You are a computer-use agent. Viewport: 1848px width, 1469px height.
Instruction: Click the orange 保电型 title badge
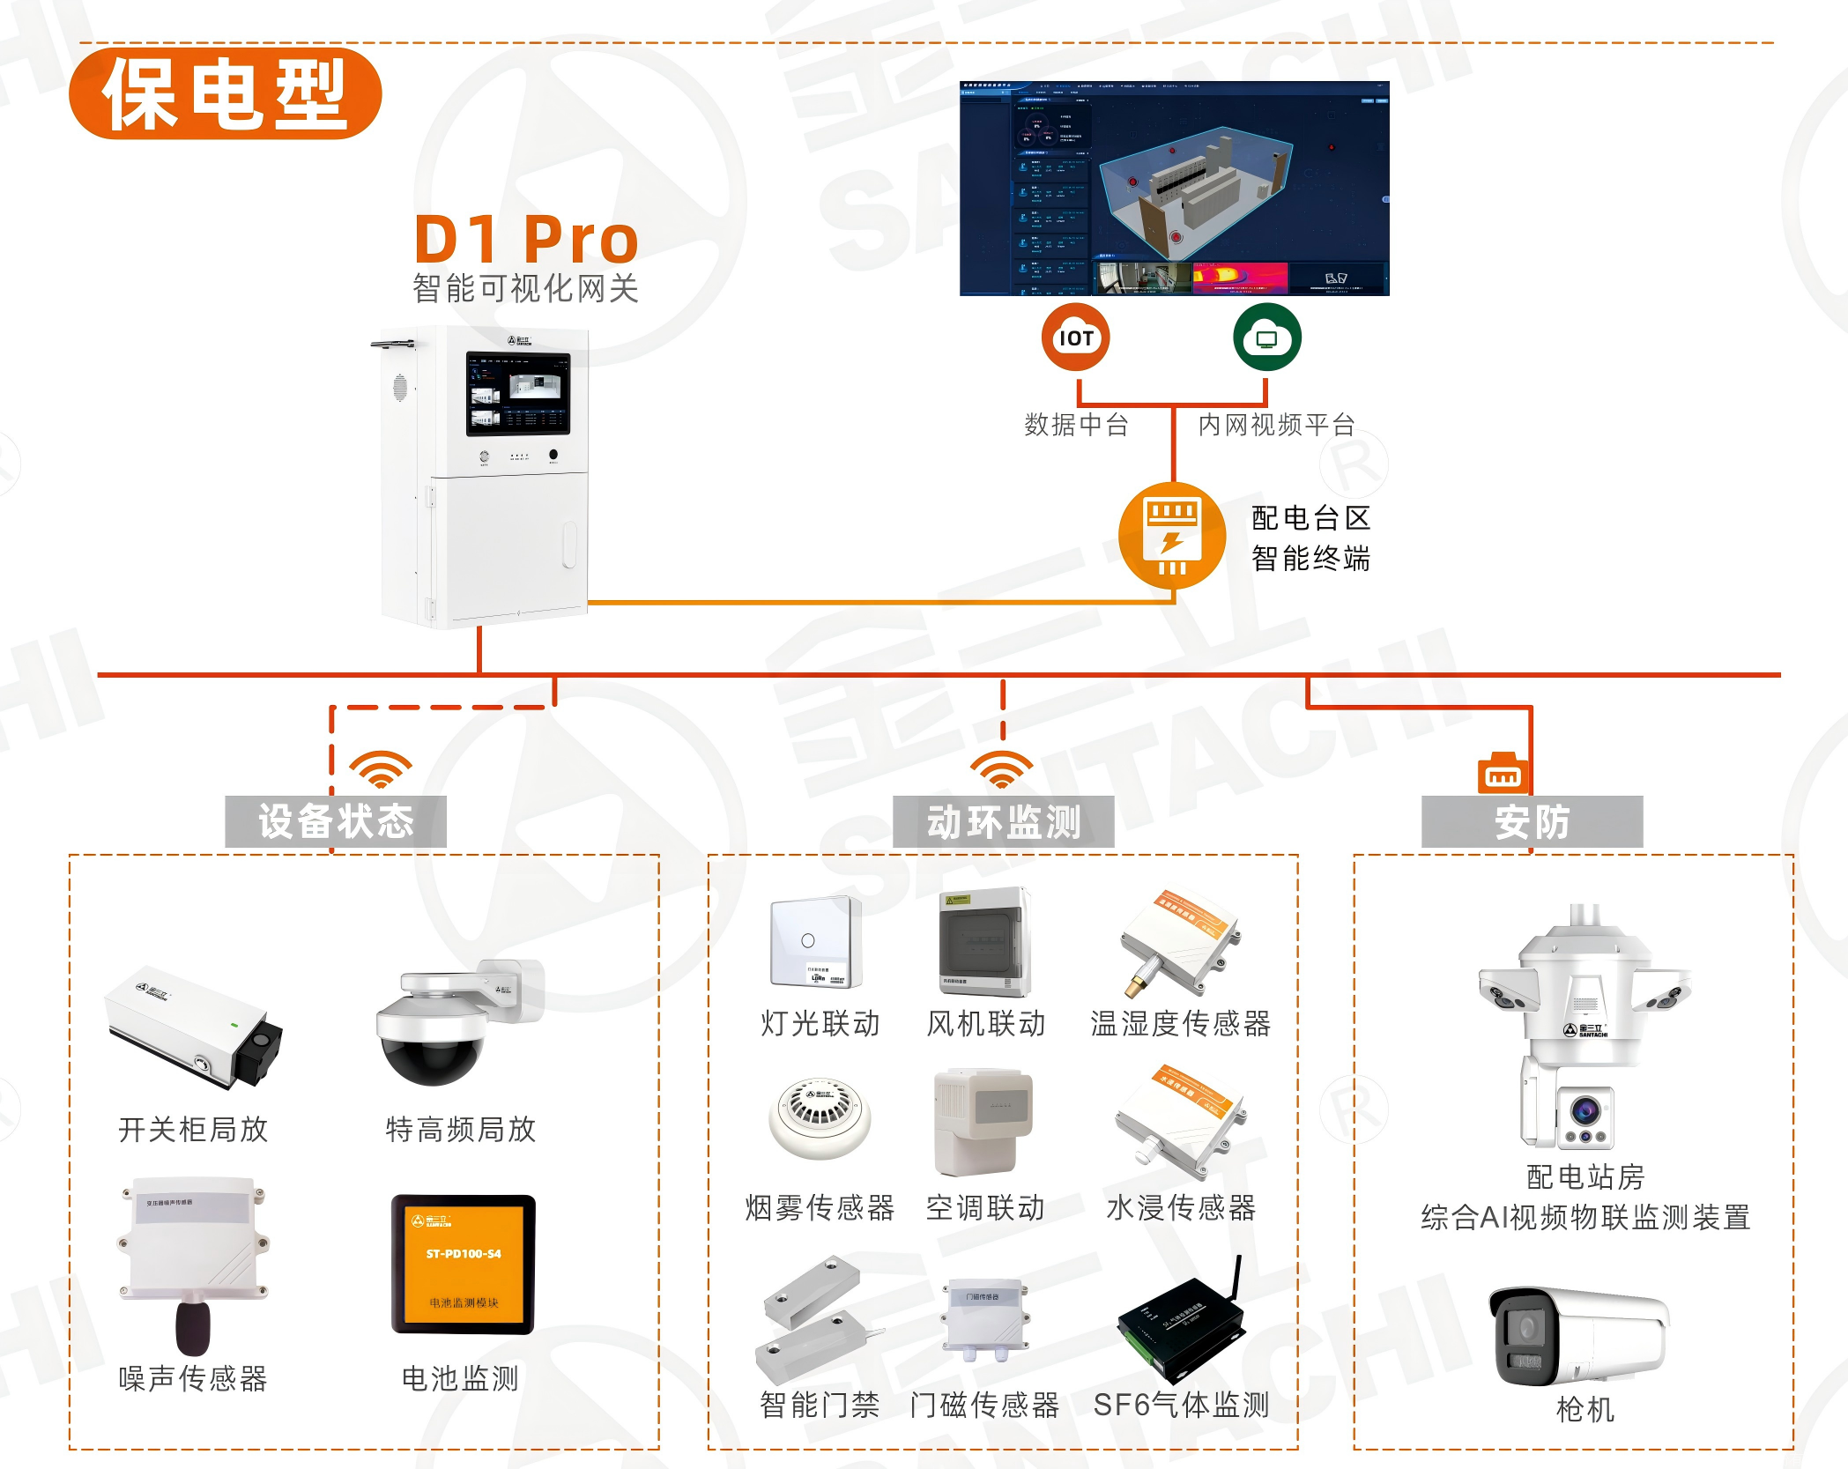click(225, 93)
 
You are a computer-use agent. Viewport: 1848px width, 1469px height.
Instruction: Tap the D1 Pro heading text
click(526, 239)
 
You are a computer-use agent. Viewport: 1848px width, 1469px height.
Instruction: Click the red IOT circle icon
click(1075, 338)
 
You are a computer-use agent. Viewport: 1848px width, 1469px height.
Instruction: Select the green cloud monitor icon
click(1266, 338)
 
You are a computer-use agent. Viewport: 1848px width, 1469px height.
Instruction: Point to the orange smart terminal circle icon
click(1171, 536)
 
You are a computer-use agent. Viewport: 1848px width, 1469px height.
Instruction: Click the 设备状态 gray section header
click(336, 821)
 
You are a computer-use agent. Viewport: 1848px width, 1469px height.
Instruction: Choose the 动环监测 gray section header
click(1003, 821)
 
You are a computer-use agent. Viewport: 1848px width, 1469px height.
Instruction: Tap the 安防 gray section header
click(1532, 821)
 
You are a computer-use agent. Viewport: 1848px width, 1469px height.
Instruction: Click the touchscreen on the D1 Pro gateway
click(518, 393)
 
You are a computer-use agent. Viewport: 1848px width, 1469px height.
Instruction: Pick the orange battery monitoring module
click(464, 1264)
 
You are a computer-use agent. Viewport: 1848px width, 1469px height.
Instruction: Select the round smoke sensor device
click(820, 1116)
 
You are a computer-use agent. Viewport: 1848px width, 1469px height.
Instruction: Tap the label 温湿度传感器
click(1180, 1023)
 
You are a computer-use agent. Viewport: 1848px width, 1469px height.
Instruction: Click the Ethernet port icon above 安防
click(1503, 774)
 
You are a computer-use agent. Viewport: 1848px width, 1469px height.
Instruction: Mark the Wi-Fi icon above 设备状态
click(381, 769)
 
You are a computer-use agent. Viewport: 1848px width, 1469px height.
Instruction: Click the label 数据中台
click(1076, 425)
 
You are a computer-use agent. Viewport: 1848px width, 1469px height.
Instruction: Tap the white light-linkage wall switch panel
click(815, 941)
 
